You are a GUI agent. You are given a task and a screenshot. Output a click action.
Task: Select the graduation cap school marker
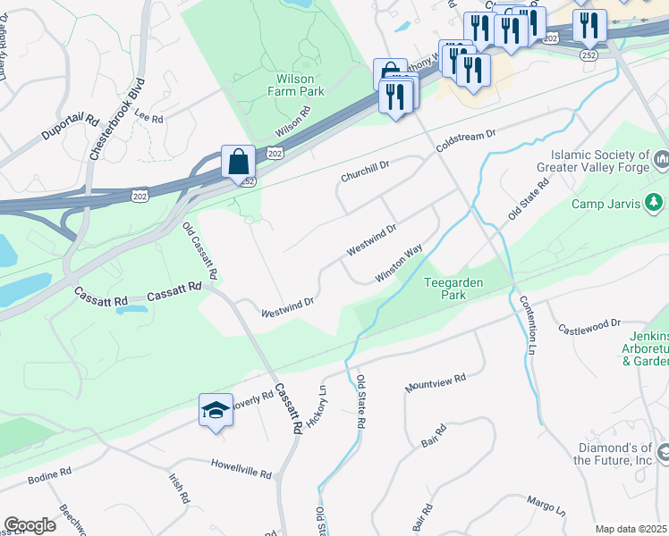[215, 410]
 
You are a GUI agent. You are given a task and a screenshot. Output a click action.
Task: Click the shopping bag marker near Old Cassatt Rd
[239, 163]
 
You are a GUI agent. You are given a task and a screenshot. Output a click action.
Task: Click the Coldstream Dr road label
[465, 139]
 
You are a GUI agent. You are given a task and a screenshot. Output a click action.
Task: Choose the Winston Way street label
[398, 265]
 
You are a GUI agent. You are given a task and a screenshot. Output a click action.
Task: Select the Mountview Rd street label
[436, 383]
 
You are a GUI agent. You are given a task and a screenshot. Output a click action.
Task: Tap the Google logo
[30, 525]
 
